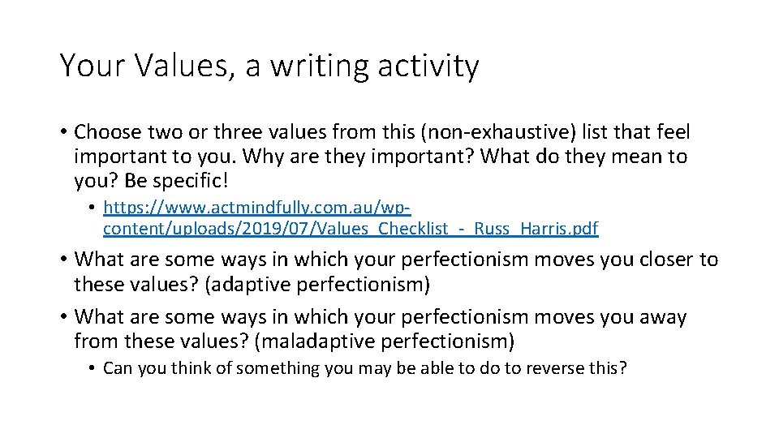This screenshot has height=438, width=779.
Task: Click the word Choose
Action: [x=109, y=132]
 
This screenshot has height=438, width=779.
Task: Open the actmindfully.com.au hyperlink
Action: [x=258, y=208]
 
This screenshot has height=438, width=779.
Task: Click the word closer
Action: [x=657, y=260]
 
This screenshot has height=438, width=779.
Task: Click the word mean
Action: [x=608, y=156]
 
